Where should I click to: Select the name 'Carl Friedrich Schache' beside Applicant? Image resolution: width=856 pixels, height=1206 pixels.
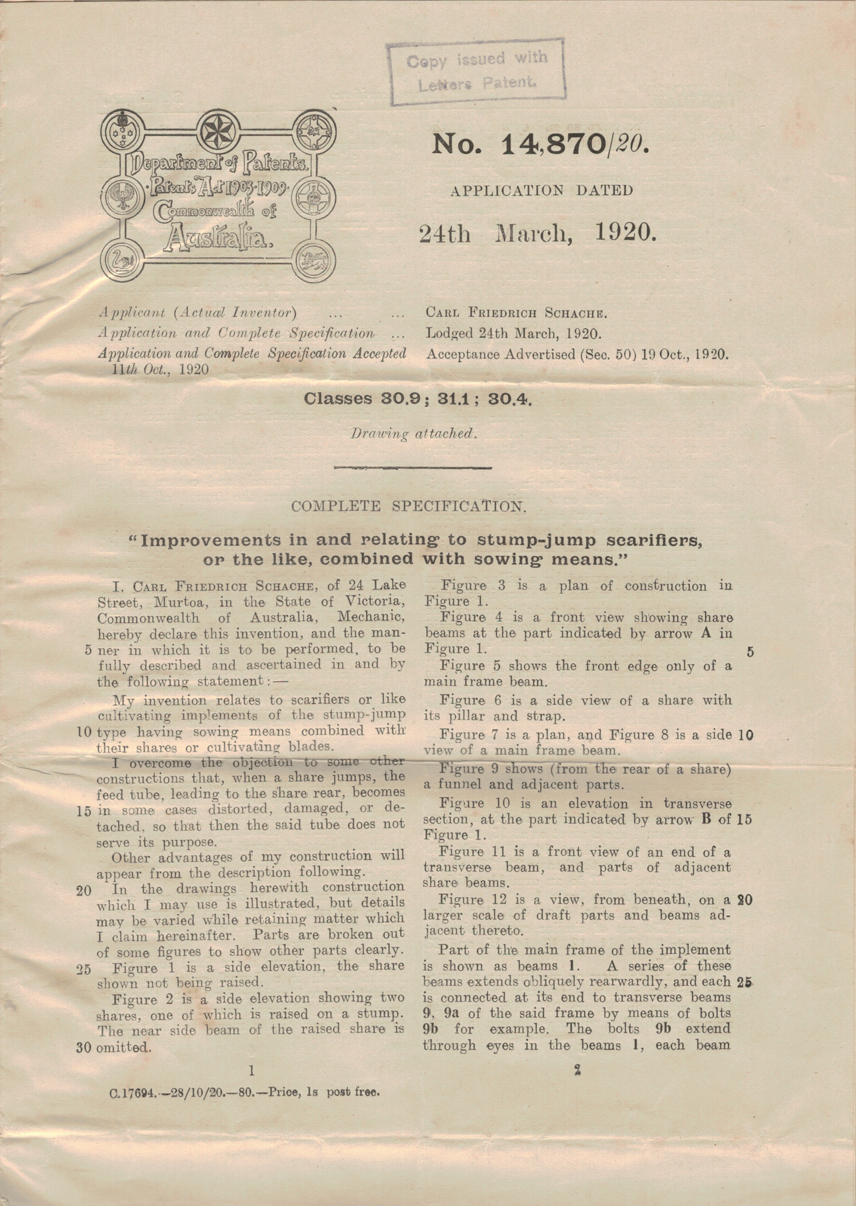pos(517,313)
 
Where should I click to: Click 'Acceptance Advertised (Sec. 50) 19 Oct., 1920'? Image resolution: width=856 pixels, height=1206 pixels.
pos(577,354)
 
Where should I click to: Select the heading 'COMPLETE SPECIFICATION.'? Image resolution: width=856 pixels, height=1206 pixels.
pos(409,506)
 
